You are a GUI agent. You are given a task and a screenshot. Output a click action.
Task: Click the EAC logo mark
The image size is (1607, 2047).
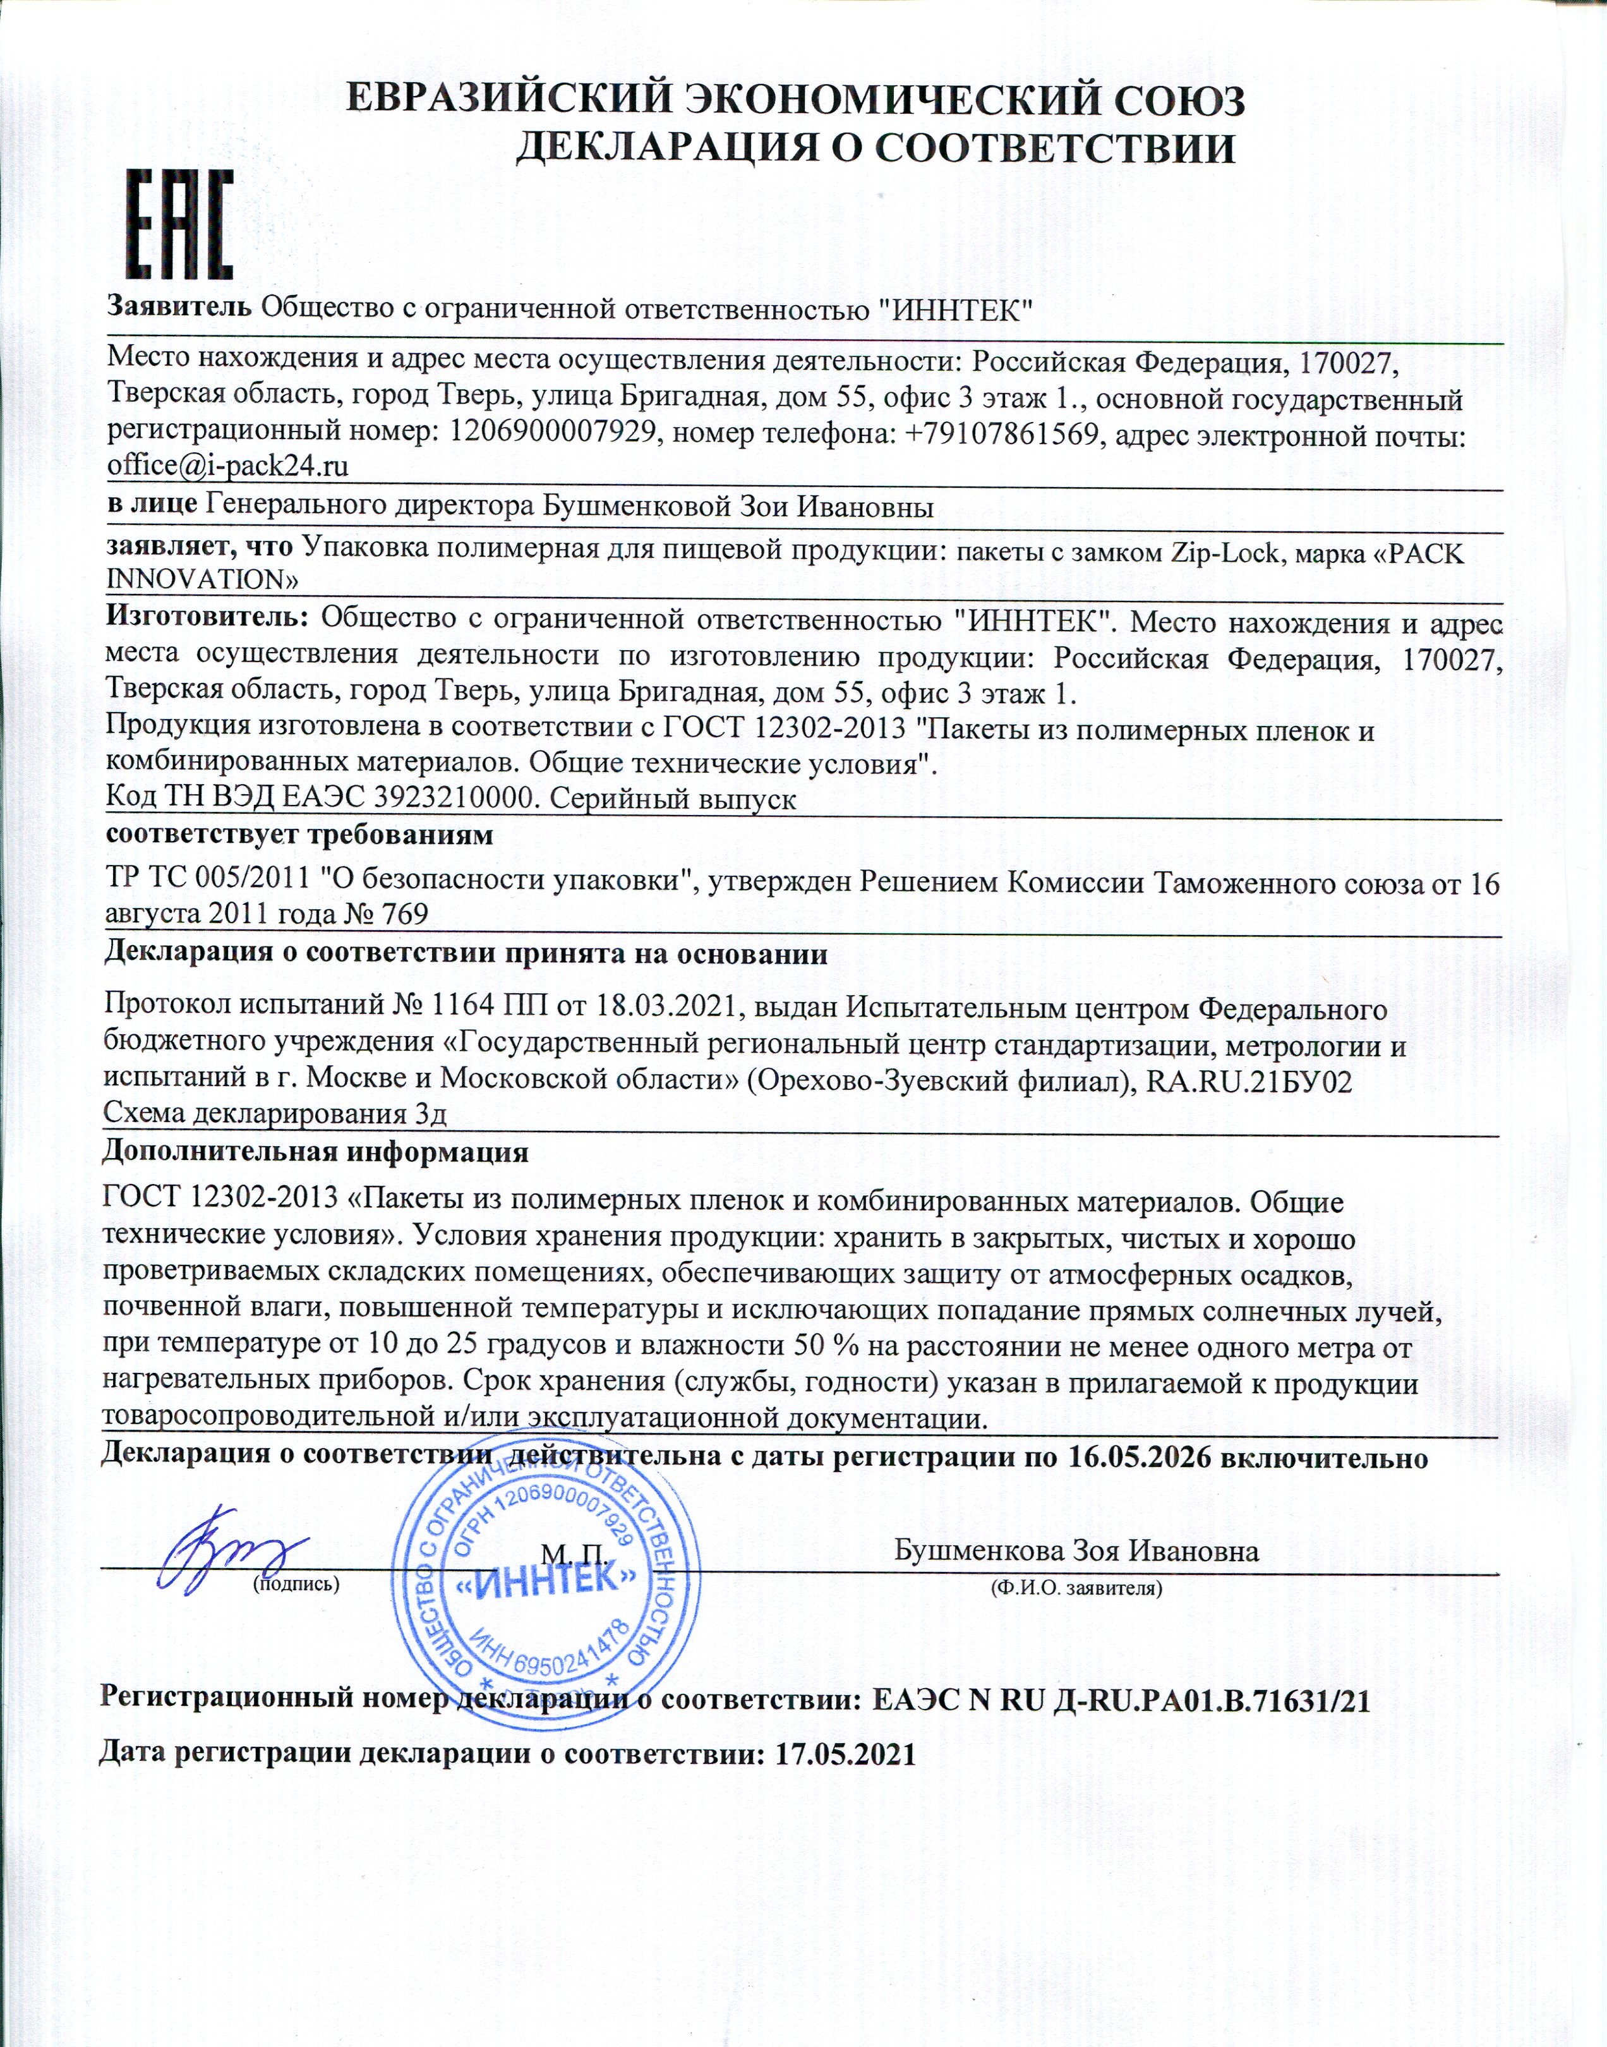[179, 224]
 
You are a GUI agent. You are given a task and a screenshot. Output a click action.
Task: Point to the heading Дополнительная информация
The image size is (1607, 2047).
[315, 1151]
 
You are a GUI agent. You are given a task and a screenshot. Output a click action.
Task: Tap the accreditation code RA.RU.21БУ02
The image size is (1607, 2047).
[1250, 1082]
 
